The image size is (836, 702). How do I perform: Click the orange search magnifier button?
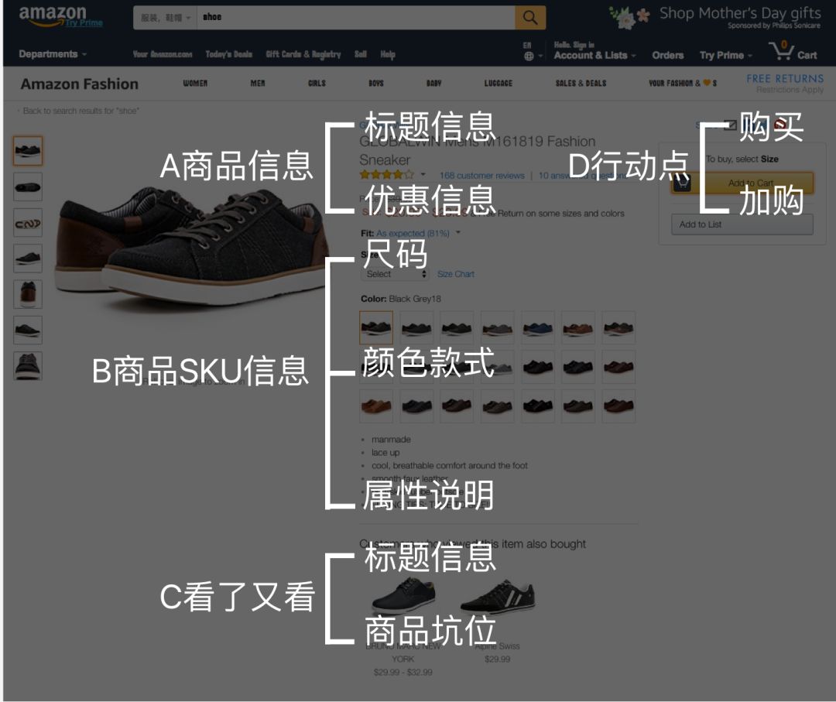tap(530, 18)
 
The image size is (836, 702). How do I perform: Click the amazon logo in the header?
tap(53, 15)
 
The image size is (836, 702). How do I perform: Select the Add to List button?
tap(742, 224)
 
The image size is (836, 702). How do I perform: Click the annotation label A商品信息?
tap(236, 166)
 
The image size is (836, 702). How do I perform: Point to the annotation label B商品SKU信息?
tap(200, 372)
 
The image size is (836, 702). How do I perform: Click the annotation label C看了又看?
tap(237, 598)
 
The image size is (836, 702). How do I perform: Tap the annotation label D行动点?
tap(629, 166)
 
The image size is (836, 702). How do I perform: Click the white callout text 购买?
tap(771, 127)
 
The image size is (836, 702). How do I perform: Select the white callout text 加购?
tap(771, 201)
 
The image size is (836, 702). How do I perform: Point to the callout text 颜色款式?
tap(429, 362)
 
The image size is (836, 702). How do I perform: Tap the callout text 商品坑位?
tap(430, 630)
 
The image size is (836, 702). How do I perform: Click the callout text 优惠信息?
tap(430, 200)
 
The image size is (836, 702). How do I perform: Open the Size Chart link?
tap(456, 274)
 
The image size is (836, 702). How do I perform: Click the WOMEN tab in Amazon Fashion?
tap(195, 84)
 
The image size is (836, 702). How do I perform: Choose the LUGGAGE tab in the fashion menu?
tap(499, 84)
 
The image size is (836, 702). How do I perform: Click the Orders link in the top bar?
tap(667, 55)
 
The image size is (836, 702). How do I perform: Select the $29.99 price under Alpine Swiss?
tap(497, 659)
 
